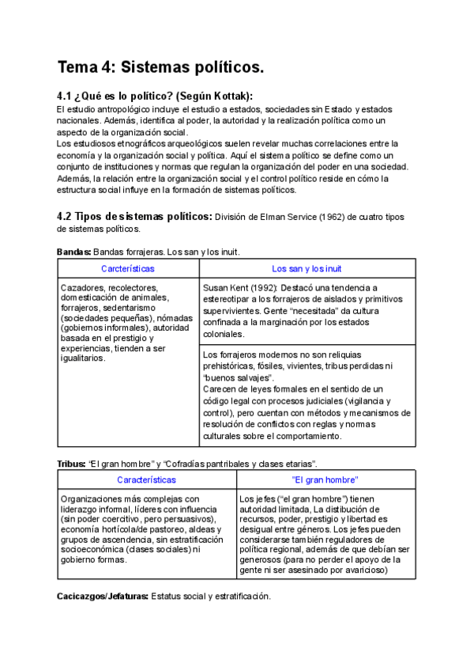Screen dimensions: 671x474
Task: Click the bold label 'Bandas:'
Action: pyautogui.click(x=73, y=252)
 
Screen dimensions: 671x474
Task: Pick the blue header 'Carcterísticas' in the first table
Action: pyautogui.click(x=128, y=269)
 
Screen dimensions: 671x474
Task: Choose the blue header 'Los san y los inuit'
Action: pyautogui.click(x=307, y=269)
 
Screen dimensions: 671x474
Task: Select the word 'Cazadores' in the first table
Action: pyautogui.click(x=82, y=287)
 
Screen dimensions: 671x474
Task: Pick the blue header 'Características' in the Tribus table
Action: pyautogui.click(x=146, y=480)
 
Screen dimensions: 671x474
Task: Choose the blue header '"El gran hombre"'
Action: pyautogui.click(x=325, y=480)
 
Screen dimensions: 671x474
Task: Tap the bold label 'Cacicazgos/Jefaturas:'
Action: pyautogui.click(x=102, y=596)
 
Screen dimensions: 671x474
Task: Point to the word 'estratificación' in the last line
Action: pyautogui.click(x=243, y=596)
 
